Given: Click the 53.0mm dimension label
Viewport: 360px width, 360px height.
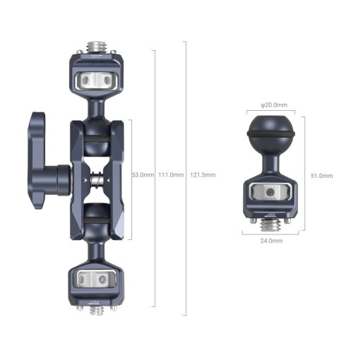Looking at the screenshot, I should click(143, 174).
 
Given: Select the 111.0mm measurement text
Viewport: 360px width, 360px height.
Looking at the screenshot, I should click(170, 174).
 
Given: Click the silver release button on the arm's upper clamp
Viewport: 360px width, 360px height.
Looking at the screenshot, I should click(97, 80).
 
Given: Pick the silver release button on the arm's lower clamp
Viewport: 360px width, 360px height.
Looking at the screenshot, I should click(97, 280).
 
